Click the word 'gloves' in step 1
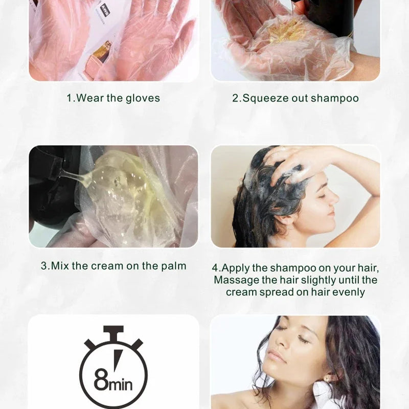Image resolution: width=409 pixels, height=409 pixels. click(x=143, y=99)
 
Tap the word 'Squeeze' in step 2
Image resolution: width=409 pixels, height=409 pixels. click(x=265, y=99)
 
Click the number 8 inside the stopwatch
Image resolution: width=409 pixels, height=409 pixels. click(x=101, y=379)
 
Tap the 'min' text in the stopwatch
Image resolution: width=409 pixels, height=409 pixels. click(x=121, y=384)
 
